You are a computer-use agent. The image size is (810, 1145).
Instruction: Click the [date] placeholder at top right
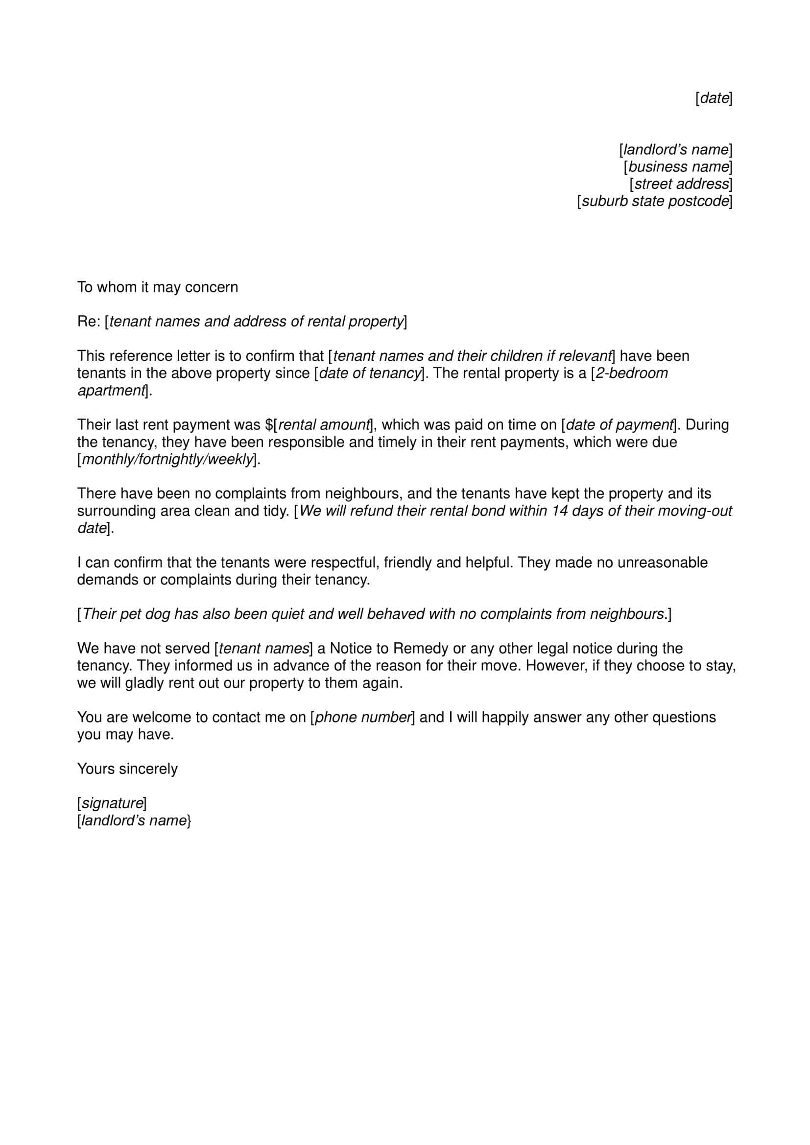(x=714, y=98)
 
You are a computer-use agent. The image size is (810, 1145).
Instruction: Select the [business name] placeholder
(x=678, y=166)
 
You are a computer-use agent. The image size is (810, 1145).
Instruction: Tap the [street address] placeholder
(x=681, y=184)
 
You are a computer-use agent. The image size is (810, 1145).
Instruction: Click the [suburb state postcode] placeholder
(x=654, y=201)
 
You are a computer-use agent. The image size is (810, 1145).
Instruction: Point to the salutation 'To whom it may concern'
(x=158, y=287)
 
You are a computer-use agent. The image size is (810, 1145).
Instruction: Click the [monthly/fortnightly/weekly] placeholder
(x=167, y=459)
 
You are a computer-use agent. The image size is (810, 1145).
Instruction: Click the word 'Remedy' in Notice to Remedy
(x=420, y=648)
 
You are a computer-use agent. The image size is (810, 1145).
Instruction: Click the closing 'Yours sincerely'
(x=127, y=769)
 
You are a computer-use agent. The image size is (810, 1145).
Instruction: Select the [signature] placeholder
(x=112, y=803)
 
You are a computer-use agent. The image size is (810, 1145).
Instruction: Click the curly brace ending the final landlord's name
(x=189, y=821)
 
